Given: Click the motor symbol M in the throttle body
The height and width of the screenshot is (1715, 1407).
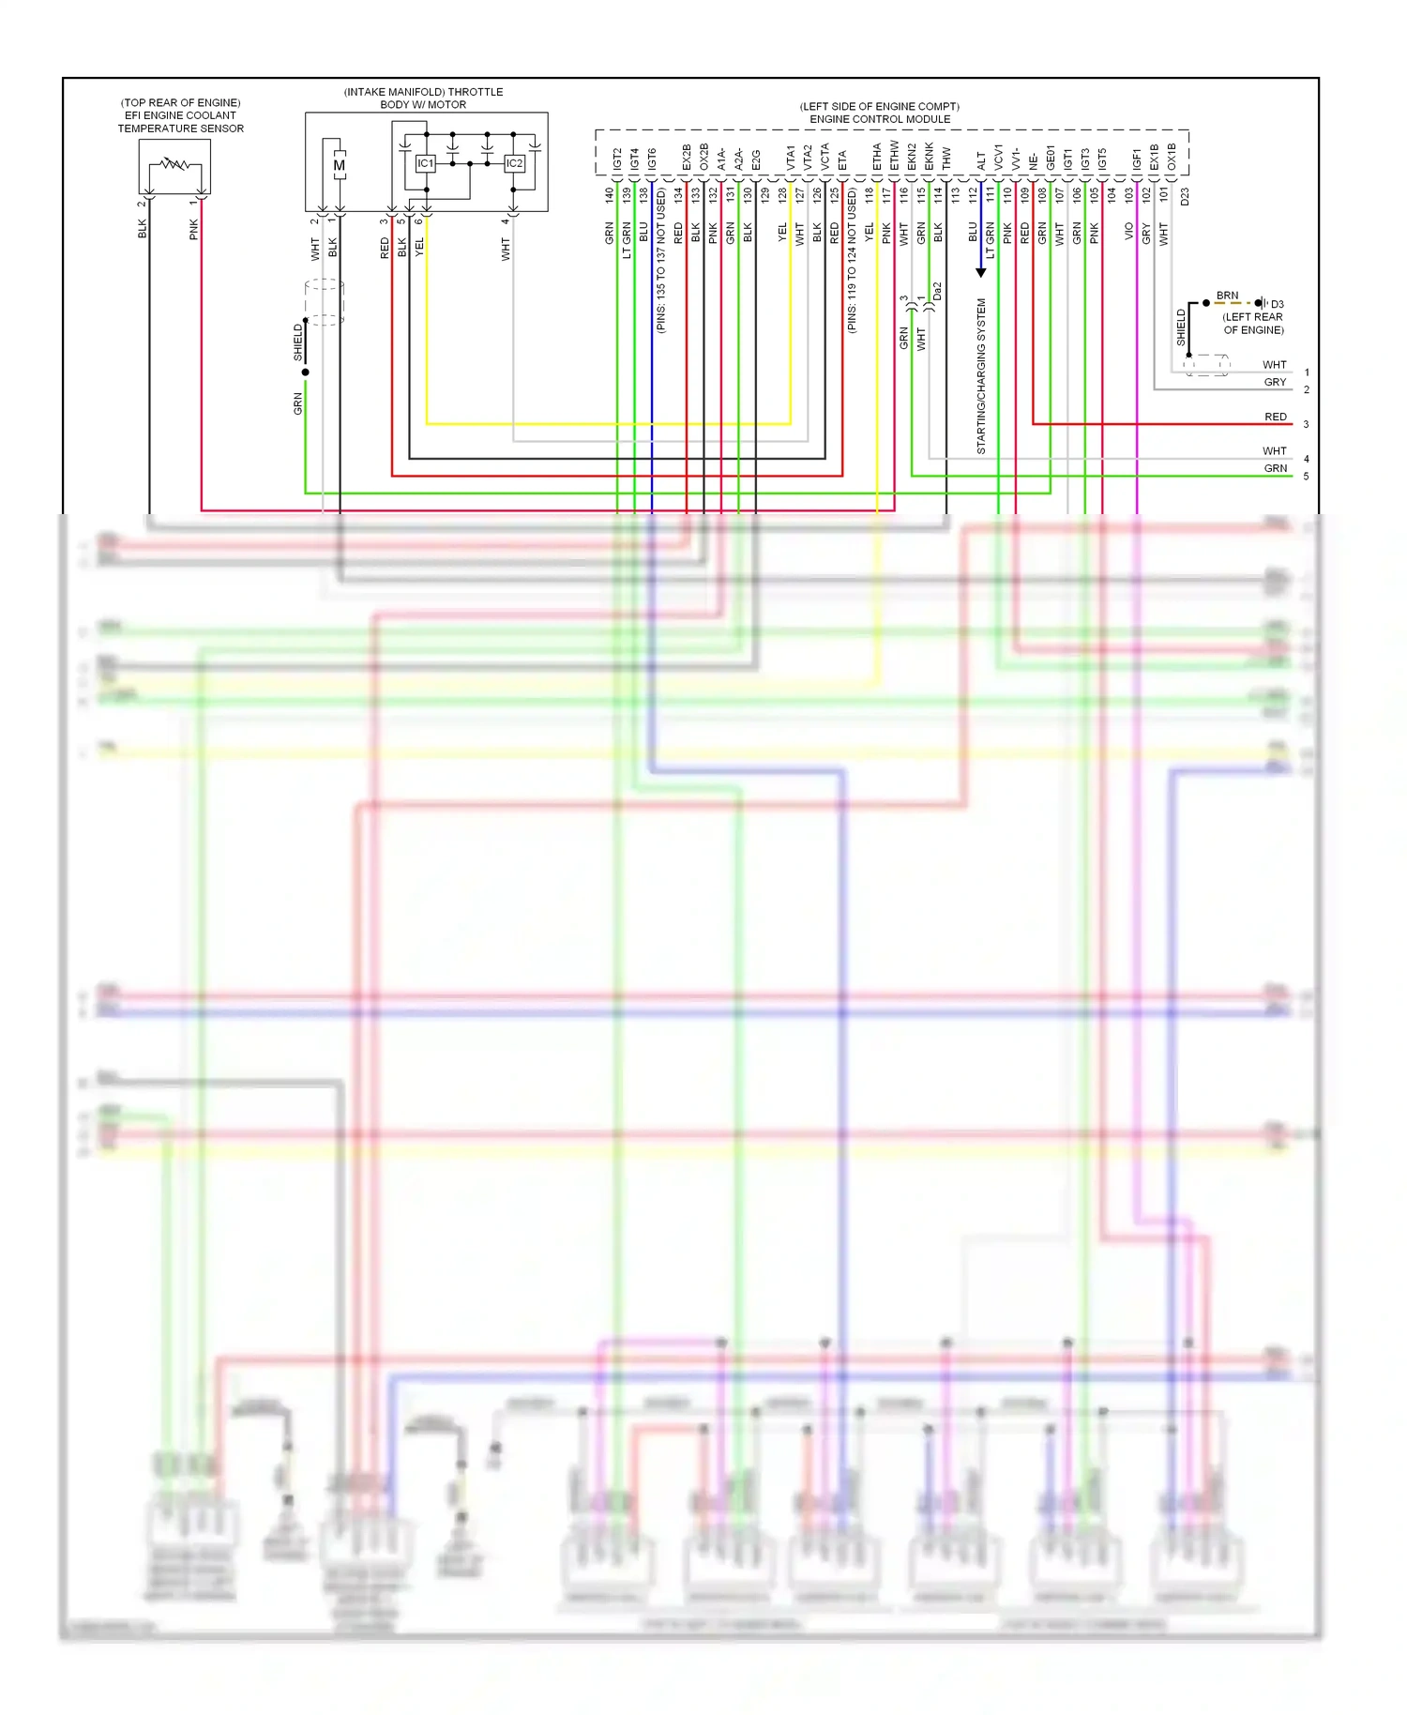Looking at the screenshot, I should pos(339,166).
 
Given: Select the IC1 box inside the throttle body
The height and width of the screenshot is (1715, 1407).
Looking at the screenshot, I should pos(426,163).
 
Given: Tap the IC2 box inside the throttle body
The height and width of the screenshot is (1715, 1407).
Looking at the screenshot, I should pos(514,163).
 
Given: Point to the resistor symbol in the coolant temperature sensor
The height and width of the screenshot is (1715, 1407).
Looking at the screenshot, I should pos(174,165).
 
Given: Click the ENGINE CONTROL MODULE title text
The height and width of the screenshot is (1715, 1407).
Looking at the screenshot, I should pos(880,119).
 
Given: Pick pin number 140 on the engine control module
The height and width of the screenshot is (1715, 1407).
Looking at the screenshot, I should pos(609,195).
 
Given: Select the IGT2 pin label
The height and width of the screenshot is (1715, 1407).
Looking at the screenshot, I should pos(617,159).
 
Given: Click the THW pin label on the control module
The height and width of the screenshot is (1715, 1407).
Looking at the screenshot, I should pos(946,159).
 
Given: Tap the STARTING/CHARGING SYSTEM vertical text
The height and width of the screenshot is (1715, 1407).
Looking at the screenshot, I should pos(981,376).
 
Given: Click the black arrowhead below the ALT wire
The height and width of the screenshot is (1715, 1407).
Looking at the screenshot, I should pos(981,272).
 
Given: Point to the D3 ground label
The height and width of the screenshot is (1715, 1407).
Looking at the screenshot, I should pos(1277,304).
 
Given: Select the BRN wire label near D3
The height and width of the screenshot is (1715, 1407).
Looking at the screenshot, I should pos(1227,296).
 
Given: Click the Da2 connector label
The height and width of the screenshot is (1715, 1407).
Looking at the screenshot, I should pos(937,292).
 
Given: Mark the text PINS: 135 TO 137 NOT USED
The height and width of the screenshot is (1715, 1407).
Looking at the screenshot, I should pos(660,261).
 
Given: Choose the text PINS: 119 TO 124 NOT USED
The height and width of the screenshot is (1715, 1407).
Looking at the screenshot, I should pos(852,261).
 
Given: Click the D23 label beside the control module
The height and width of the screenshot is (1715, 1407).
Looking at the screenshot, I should pos(1185,197).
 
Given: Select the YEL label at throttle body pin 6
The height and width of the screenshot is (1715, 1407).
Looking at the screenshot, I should pos(419,248).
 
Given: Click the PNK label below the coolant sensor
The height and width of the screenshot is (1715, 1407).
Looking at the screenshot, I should pos(194,230).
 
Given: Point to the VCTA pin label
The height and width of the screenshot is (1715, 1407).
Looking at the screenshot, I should pos(825,156).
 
